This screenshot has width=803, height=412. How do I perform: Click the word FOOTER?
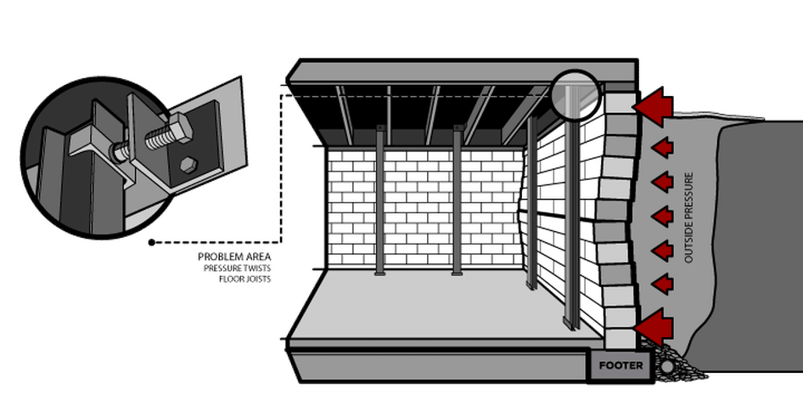coord(620,366)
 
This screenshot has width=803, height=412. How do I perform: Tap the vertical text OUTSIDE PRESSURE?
coord(688,217)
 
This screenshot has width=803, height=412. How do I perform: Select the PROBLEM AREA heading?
coord(234,257)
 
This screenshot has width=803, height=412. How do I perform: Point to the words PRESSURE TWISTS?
coord(237,268)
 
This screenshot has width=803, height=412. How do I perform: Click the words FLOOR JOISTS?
coord(244,279)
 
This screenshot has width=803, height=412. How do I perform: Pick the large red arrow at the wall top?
coord(653,106)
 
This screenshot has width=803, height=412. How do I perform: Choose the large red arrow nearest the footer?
coord(653,327)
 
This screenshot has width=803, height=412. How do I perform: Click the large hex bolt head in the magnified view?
coord(179,129)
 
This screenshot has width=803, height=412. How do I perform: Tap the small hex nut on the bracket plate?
coord(189,164)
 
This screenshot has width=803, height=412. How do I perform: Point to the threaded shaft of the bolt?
coord(156,139)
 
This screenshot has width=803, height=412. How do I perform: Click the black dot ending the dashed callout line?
coord(152,242)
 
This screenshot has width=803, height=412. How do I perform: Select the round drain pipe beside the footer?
coord(666,367)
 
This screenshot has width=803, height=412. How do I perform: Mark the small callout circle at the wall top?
coord(576,96)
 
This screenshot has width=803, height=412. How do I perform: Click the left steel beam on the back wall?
coord(380,200)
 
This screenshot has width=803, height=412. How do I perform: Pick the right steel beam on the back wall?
coord(458,200)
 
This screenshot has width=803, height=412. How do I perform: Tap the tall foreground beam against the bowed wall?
coord(573,210)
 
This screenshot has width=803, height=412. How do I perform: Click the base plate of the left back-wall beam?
coord(380,274)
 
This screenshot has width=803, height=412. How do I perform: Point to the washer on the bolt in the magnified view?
coord(122,150)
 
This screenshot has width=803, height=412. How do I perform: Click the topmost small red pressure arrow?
coord(662,148)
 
